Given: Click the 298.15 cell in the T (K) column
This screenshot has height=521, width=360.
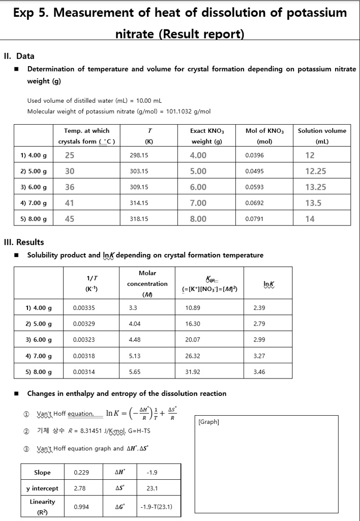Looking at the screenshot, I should tap(139, 156).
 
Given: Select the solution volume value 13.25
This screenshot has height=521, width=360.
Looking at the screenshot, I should tap(315, 187).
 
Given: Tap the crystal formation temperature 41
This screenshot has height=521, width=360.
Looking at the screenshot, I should tap(70, 203).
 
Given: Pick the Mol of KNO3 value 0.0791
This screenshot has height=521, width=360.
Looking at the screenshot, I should tap(254, 219).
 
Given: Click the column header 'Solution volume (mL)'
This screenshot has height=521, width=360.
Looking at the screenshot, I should tap(321, 136).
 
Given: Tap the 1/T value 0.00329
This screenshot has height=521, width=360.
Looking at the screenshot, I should tap(84, 324).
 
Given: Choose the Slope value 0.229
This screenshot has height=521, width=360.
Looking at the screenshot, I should tap(81, 472).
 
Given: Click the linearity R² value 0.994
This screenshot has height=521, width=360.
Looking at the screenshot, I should tap(81, 507).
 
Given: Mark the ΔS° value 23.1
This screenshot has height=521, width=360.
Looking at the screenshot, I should tap(152, 488).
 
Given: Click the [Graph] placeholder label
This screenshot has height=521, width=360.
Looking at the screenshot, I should tap(208, 422).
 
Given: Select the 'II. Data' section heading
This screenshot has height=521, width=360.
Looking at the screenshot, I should tap(19, 56).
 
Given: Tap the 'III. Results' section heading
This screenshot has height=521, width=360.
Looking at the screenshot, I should tap(24, 242).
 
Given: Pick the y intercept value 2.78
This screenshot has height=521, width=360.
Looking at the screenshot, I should tap(79, 488).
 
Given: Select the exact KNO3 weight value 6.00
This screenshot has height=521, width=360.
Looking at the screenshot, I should tap(198, 187).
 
